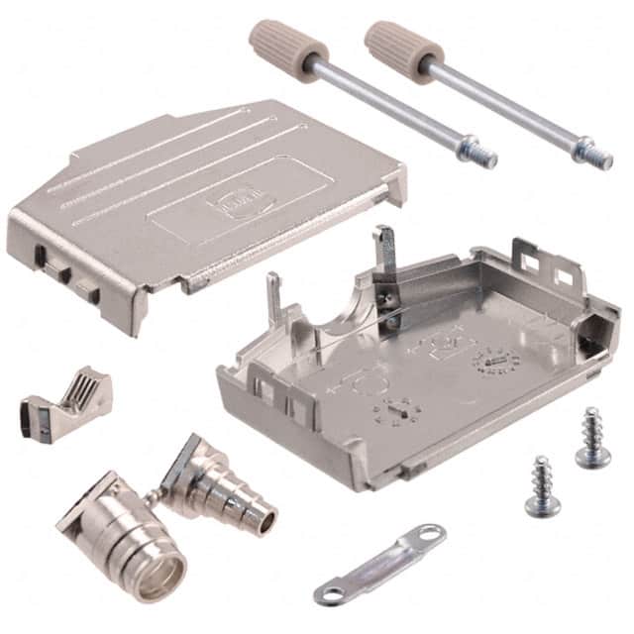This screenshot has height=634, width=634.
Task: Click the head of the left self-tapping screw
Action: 543,505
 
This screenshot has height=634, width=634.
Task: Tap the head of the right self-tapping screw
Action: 592,455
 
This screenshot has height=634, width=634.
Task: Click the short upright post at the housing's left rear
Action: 271,296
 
